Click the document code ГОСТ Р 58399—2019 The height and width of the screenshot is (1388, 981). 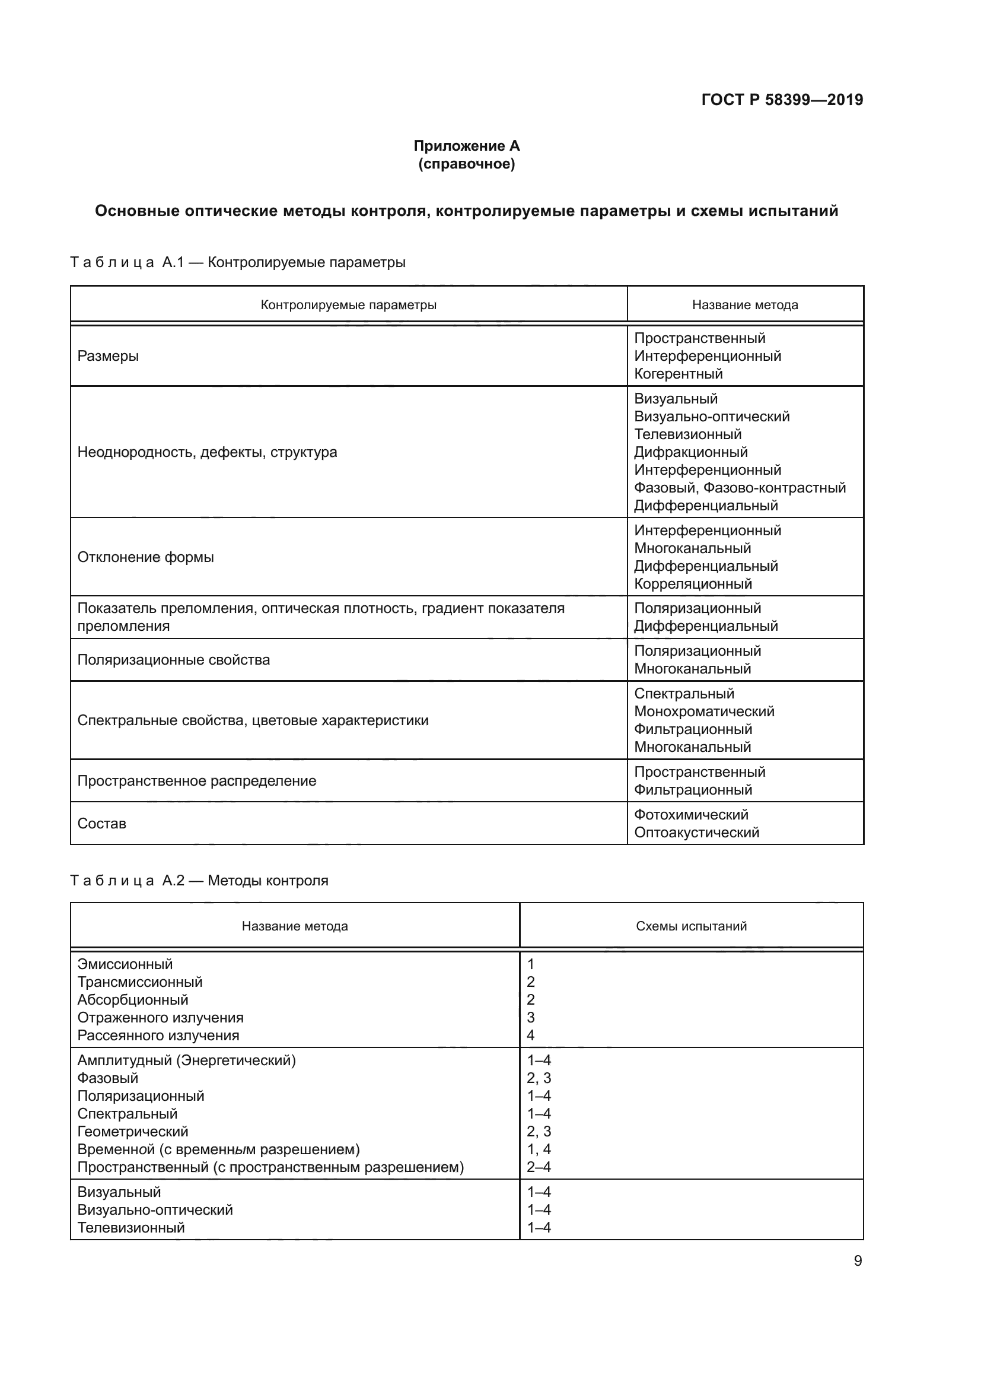click(782, 100)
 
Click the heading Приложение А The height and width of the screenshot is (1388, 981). click(466, 146)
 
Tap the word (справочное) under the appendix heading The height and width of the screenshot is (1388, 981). click(466, 164)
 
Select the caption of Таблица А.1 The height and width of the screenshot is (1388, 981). click(237, 262)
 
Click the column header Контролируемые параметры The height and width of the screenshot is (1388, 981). click(349, 304)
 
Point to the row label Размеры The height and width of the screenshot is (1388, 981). click(108, 356)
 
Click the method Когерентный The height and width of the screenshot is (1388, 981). click(678, 374)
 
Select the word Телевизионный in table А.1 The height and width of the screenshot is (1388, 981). click(687, 434)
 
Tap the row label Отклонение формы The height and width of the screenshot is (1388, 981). click(145, 557)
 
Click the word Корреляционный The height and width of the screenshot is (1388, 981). click(693, 584)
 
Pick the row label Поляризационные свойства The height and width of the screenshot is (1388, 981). click(173, 659)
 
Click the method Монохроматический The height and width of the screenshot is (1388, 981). click(704, 712)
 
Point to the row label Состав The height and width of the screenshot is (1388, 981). click(101, 824)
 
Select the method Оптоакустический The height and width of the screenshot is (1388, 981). click(696, 833)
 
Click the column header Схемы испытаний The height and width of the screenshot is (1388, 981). click(691, 926)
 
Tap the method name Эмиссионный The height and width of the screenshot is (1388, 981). click(125, 964)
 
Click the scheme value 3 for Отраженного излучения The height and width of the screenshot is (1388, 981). click(530, 1018)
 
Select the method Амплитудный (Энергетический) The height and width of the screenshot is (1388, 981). click(187, 1060)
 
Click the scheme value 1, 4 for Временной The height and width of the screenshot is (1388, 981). click(538, 1149)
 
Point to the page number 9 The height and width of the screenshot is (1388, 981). click(858, 1261)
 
